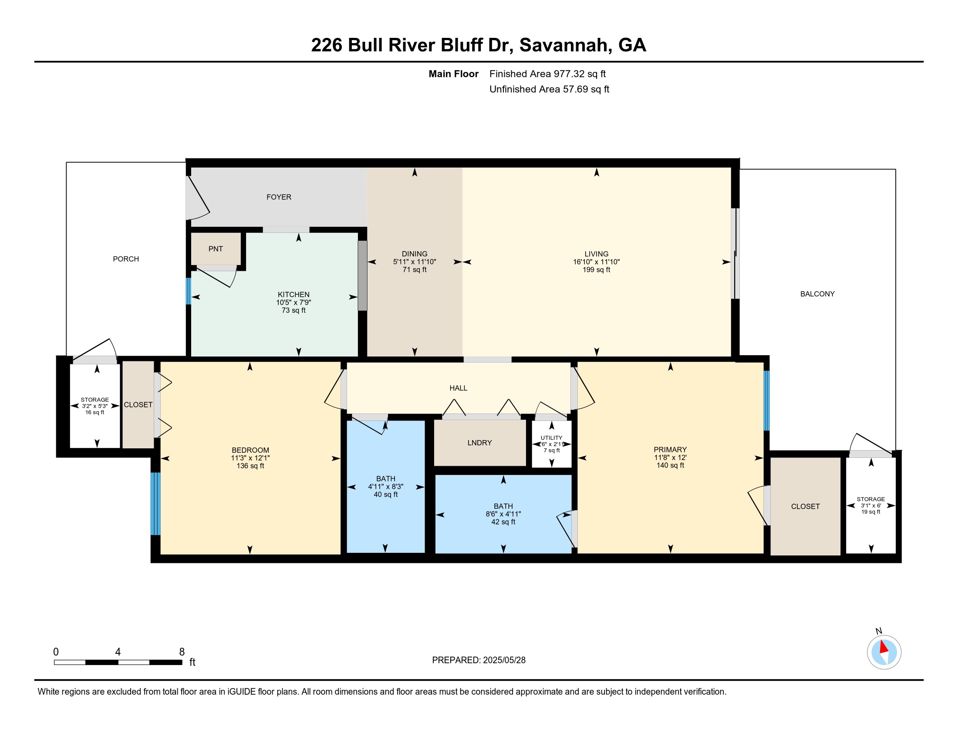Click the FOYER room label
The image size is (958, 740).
pos(279,197)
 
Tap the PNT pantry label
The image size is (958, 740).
pos(216,249)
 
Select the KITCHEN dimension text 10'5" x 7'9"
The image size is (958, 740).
pos(293,303)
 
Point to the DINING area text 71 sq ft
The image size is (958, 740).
pos(415,269)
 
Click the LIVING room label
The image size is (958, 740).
pos(596,254)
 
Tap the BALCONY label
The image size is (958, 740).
pos(817,294)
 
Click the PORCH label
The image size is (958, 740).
pos(126,259)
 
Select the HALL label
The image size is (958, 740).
pos(459,388)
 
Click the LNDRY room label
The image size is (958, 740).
pos(479,443)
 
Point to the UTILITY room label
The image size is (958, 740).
pos(551,438)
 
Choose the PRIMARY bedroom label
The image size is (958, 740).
pos(670,449)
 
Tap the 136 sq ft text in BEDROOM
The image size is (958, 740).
pos(250,466)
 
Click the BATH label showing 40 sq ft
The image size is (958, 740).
pos(385,479)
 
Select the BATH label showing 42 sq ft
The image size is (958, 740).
pos(503,506)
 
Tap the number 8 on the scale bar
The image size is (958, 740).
pos(182,652)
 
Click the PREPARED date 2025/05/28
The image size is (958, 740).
pos(504,660)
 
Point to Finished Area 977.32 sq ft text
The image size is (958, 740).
pos(547,74)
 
